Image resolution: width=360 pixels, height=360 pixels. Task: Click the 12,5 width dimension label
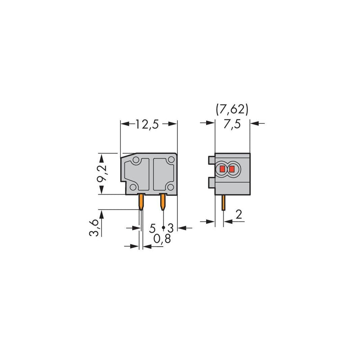[x=147, y=124]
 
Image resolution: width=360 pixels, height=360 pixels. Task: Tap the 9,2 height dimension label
[x=102, y=173]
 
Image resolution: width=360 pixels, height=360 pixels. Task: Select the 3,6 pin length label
[x=94, y=228]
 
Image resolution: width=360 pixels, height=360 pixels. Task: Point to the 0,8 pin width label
[x=162, y=239]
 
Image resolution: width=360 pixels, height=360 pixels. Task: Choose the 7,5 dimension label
[x=232, y=124]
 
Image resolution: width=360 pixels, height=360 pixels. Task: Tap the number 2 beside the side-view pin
[x=239, y=215]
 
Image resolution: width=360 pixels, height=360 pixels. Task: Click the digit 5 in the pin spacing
[x=153, y=228]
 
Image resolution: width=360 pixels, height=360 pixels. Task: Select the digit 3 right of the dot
[x=171, y=228]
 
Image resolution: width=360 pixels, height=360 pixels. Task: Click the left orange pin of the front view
[x=141, y=202]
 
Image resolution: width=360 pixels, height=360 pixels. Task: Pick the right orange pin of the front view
[x=163, y=202]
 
